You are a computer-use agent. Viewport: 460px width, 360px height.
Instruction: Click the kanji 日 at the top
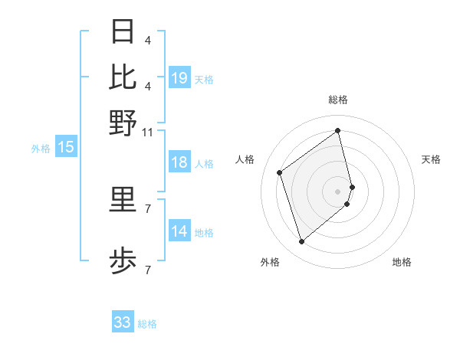[x=123, y=32]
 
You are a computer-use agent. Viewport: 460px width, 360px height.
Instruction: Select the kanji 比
[x=123, y=77]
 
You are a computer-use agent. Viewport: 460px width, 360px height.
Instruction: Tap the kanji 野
[x=123, y=123]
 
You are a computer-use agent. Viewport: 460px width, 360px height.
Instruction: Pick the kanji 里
[x=123, y=201]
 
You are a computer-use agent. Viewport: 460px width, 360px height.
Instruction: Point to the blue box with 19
[x=179, y=78]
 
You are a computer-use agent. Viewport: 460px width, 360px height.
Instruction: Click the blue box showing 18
[x=179, y=163]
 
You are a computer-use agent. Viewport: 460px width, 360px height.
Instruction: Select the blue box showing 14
[x=179, y=232]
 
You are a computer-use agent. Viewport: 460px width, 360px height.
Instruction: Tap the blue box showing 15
[x=66, y=148]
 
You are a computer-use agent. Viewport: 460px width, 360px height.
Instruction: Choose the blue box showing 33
[x=123, y=322]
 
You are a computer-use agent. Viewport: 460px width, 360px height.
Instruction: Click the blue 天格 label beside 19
[x=204, y=79]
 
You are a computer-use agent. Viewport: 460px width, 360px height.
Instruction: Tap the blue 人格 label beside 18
[x=204, y=164]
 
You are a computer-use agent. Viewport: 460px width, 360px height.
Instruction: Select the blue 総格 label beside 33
[x=147, y=324]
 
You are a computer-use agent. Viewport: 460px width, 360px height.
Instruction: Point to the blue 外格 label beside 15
[x=41, y=149]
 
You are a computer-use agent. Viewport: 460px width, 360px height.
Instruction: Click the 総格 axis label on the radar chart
[x=338, y=100]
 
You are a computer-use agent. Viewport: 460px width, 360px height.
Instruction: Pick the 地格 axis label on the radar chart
[x=402, y=262]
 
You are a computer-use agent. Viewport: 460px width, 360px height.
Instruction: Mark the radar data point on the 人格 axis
[x=280, y=172]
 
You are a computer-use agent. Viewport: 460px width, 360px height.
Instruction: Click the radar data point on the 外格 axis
[x=301, y=242]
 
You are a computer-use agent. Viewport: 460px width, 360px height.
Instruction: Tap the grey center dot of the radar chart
[x=338, y=191]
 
